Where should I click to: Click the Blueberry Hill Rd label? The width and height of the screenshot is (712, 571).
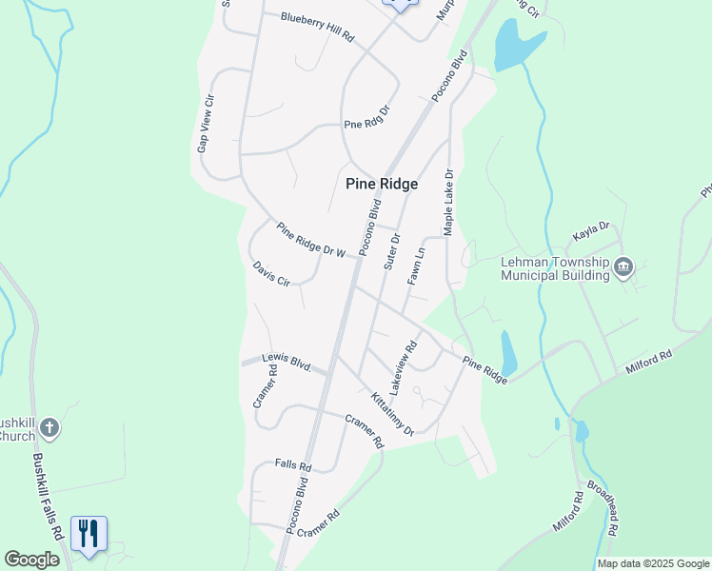coord(317,27)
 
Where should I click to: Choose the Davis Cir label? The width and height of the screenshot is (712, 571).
coord(271,276)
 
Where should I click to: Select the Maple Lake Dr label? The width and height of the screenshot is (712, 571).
coord(448,203)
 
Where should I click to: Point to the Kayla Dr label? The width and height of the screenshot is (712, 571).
coord(590,232)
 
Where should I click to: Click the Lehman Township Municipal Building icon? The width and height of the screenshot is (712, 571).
coord(624,266)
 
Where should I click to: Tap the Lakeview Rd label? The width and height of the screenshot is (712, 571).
coord(404,368)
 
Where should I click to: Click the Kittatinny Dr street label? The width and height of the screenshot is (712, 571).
coord(392,413)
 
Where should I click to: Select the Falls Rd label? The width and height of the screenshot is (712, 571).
coord(293,466)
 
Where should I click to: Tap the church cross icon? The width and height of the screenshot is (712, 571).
coord(50,429)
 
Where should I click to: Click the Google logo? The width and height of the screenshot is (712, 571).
coord(31,561)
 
